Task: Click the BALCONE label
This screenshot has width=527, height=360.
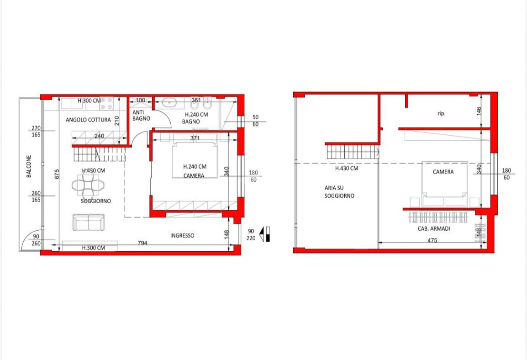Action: click(29, 166)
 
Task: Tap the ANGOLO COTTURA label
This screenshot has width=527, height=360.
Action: click(88, 120)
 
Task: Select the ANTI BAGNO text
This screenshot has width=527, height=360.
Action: click(141, 115)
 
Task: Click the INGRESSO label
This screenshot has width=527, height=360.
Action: click(182, 236)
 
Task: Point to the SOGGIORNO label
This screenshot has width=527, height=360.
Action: click(96, 201)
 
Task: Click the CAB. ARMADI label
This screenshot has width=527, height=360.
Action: click(434, 228)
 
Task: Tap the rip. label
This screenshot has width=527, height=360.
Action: click(442, 114)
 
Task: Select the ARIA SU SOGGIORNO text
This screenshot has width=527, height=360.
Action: click(339, 192)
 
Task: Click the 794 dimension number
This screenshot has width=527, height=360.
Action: click(142, 243)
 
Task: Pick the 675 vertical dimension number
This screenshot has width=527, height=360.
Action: click(57, 174)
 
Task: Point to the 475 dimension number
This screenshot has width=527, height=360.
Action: click(432, 240)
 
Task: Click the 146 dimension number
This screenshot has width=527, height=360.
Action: click(479, 111)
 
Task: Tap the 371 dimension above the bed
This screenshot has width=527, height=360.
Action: click(195, 138)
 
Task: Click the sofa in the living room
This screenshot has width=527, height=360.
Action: click(89, 222)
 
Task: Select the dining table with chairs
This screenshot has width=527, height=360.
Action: click(88, 185)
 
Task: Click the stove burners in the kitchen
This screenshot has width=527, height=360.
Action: click(106, 104)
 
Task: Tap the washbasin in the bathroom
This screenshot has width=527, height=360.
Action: click(170, 102)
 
